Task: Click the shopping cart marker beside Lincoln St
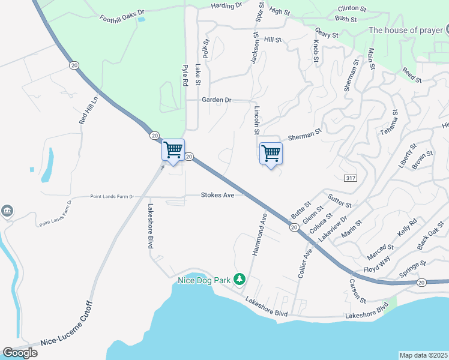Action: [271, 153]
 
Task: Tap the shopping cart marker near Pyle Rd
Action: [173, 149]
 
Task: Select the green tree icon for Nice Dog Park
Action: [240, 279]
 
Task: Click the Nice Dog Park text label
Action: [205, 280]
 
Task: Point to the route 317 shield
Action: [351, 179]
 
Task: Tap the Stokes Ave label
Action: [217, 195]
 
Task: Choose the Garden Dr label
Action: [217, 100]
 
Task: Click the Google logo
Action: [20, 353]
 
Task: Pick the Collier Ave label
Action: [306, 262]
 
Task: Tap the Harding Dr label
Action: [226, 5]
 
